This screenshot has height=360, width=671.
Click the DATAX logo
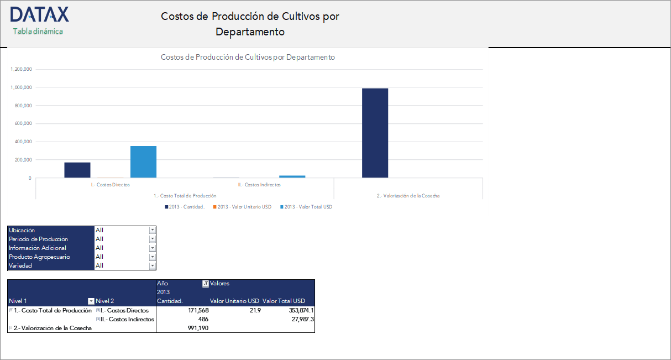coord(39,14)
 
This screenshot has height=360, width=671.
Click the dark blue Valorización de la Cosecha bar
coord(375,133)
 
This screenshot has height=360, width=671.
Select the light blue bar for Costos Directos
coord(143,161)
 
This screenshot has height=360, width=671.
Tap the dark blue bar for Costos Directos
coord(77,170)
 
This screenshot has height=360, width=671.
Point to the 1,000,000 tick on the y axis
coord(21,87)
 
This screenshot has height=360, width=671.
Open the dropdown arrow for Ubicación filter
coord(153,230)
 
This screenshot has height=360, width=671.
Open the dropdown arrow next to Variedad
coord(153,265)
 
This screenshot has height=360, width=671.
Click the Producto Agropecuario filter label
coord(40,257)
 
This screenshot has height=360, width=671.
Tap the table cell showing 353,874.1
coord(297,310)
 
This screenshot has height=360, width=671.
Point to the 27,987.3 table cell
coord(298,319)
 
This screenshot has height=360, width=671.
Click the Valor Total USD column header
coord(284,301)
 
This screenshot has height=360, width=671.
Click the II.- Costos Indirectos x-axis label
coord(259,185)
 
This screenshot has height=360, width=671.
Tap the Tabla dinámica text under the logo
coord(38,32)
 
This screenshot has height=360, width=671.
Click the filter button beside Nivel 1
coord(91,301)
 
